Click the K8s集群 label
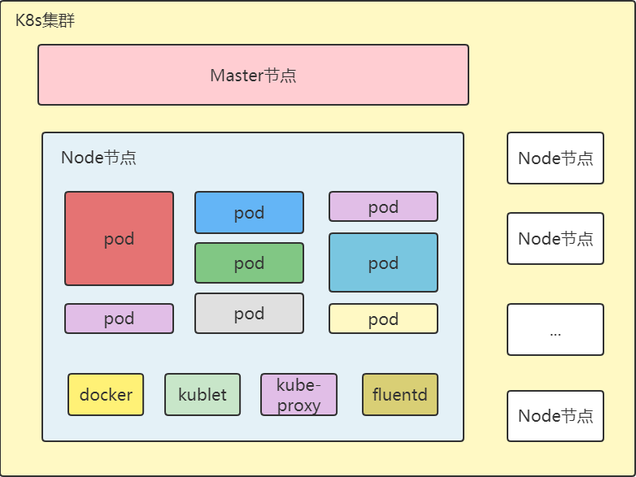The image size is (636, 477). [x=45, y=21]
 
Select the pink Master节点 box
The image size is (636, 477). [x=253, y=75]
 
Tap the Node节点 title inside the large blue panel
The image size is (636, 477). [x=98, y=158]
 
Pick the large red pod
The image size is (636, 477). [x=119, y=239]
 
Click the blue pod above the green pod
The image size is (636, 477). [x=249, y=213]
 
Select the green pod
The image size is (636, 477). [x=249, y=263]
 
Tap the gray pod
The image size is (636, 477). [x=249, y=314]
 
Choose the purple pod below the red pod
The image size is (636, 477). [x=119, y=319]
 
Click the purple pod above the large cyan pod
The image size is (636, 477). [x=383, y=206]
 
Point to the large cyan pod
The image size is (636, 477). [x=383, y=262]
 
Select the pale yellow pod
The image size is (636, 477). [x=383, y=319]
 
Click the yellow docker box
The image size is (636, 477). [x=106, y=395]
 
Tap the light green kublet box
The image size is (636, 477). [x=203, y=395]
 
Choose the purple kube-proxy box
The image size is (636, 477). [x=298, y=395]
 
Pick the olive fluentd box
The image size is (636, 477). [x=400, y=395]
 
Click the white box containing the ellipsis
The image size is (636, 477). [x=555, y=330]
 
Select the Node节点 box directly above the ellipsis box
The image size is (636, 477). [x=555, y=239]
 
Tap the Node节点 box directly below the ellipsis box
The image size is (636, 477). [x=555, y=416]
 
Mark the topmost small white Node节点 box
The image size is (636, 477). [x=555, y=158]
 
